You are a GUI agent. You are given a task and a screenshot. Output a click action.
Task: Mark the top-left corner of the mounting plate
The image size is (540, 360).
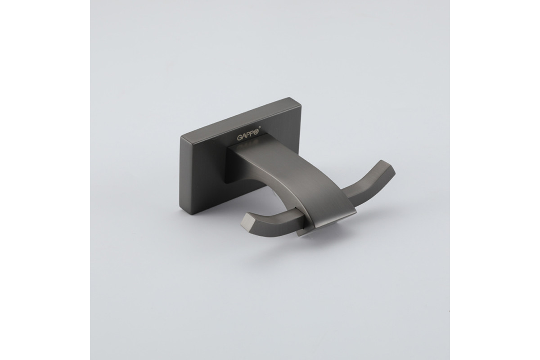tap(180, 136)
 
